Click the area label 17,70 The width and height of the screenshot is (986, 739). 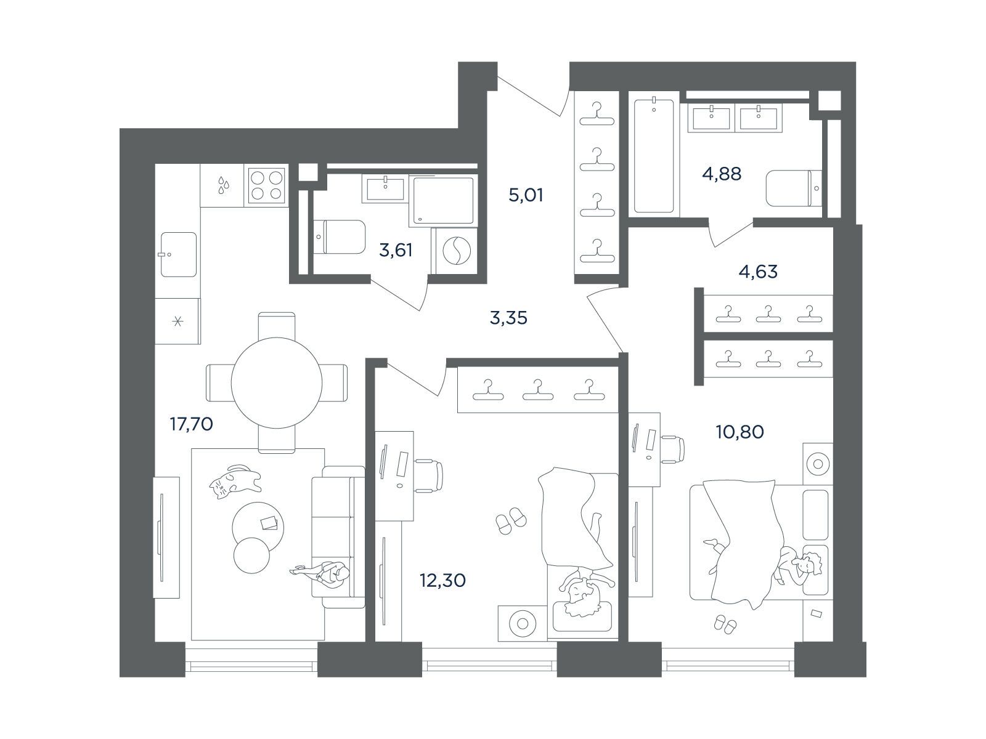pos(192,424)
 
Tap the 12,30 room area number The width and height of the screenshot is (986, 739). pos(442,581)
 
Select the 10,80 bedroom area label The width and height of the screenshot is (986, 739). pos(740,432)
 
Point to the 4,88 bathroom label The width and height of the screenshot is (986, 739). pos(722,174)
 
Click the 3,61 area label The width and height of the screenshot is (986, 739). pos(396,250)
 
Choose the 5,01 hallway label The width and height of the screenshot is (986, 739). pos(526,195)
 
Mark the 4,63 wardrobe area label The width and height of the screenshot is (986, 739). pos(758,272)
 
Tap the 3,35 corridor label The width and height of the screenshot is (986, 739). pos(508,318)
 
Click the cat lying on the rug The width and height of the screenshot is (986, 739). pos(235,481)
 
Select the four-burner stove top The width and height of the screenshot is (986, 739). pos(267,185)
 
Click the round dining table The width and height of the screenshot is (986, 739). pos(277,382)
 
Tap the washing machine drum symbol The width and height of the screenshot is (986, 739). pos(455,251)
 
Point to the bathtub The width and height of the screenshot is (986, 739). pos(654,156)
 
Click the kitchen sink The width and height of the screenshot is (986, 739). pos(178,254)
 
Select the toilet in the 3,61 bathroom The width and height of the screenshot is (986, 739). pos(339,236)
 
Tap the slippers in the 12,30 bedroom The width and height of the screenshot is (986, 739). pos(511,521)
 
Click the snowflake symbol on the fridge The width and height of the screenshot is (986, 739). pos(178,321)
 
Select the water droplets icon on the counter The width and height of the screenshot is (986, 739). pos(223,185)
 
